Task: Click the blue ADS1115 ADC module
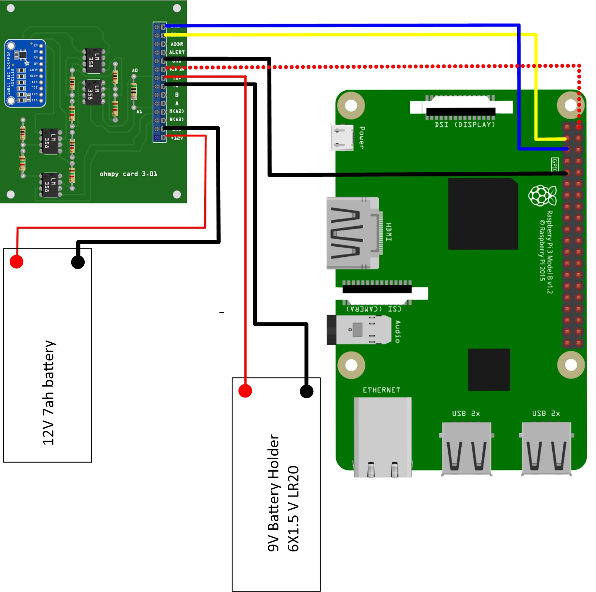coord(25,73)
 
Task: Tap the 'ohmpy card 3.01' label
coord(128,173)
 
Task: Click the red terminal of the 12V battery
coord(16,261)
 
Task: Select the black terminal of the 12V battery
coord(78,262)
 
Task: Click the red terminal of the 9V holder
coord(245,391)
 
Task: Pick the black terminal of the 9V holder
coord(307,391)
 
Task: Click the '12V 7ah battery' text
coord(49,392)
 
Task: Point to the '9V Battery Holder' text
coord(274,493)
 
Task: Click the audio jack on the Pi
coord(358,329)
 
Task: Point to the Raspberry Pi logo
coord(543,196)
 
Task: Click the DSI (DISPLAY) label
coord(465,125)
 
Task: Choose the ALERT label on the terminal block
coord(177,53)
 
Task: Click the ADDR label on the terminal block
coord(177,44)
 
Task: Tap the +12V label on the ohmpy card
coord(177,138)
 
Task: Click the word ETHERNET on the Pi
coord(382,390)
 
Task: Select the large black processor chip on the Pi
coord(483,214)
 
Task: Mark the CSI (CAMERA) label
coord(374,309)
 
